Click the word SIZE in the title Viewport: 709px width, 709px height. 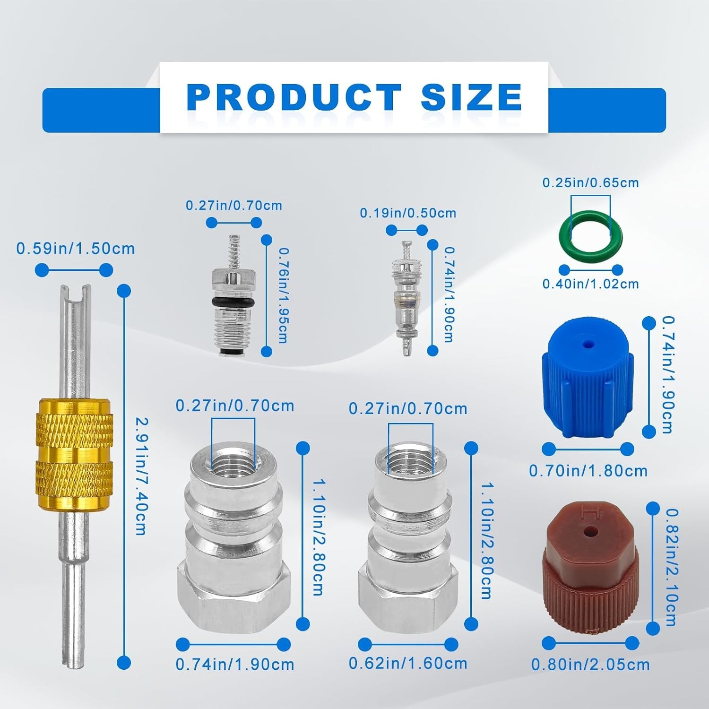[x=471, y=97]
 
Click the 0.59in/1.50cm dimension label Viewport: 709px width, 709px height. [x=76, y=249]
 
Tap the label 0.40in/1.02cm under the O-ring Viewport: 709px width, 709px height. [x=590, y=284]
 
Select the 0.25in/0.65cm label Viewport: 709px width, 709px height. [x=590, y=183]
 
